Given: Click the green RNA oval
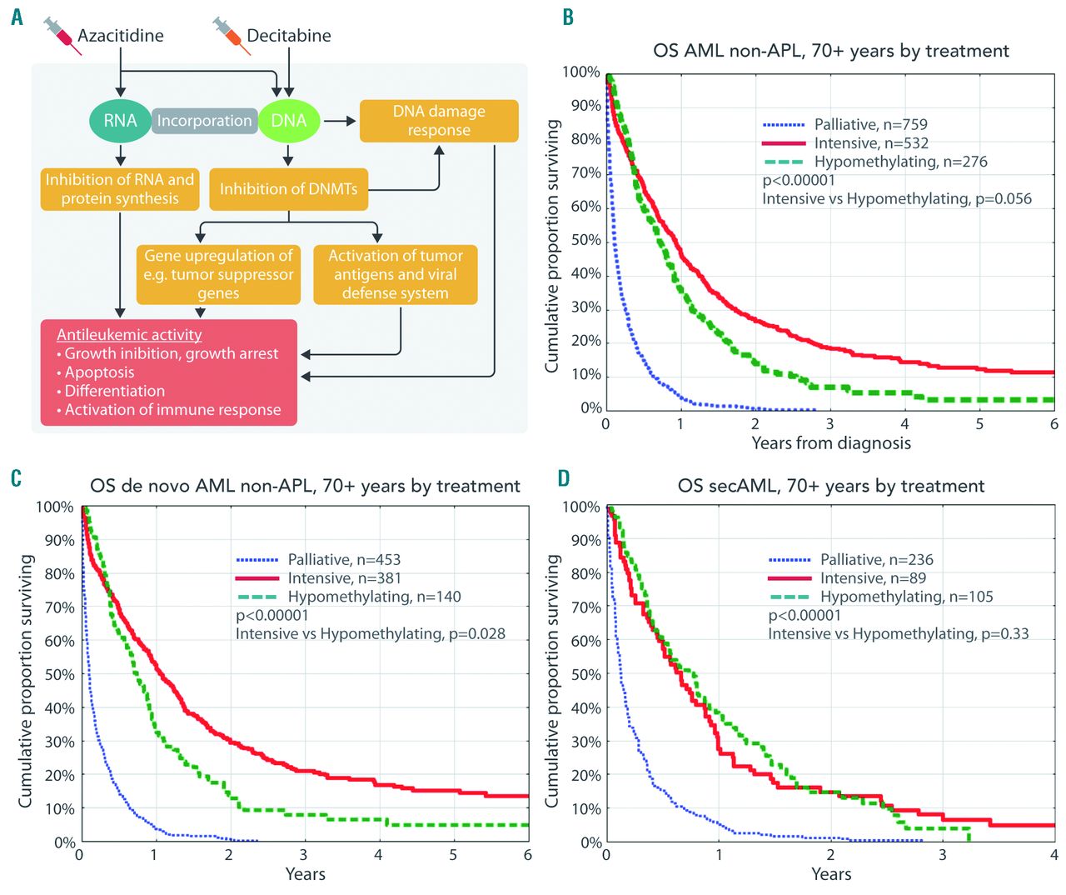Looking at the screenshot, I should (120, 121).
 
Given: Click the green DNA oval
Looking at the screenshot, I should (288, 121).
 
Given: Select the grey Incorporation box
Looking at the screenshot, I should (204, 121).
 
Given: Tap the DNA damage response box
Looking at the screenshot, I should (438, 121).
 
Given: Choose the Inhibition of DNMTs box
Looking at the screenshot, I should (288, 189).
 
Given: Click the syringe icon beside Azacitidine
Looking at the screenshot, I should (62, 36).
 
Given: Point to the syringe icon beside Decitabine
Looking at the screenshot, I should (231, 36).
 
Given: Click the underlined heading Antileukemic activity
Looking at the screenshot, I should (129, 334).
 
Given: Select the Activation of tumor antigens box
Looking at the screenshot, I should (395, 274).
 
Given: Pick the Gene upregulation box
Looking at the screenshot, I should (218, 274).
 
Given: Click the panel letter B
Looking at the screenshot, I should (568, 17).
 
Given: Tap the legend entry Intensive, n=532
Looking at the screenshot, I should (871, 143).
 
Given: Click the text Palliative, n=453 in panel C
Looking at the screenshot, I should (344, 559).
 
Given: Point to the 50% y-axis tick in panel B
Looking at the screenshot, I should (585, 240).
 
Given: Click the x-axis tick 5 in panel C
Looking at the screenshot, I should (453, 855).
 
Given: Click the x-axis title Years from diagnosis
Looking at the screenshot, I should (831, 443).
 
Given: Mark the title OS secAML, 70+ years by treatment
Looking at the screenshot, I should (831, 486).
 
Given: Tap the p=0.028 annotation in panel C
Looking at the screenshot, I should (476, 634).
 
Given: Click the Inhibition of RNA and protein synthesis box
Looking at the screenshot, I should (120, 189).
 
